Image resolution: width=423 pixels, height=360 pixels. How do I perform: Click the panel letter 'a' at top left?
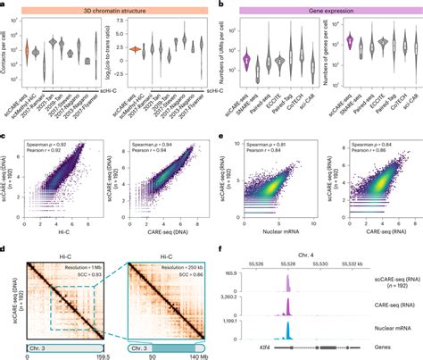click(4, 5)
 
